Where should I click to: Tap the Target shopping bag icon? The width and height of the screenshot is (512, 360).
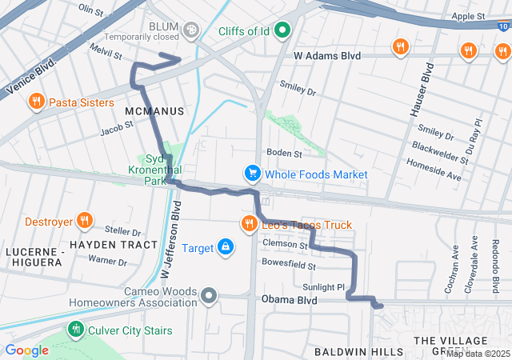click(226, 247)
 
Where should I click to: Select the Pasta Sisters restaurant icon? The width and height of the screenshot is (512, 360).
click(36, 102)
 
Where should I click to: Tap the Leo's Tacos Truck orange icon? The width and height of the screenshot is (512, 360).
click(250, 224)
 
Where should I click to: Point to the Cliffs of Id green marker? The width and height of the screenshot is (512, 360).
click(282, 31)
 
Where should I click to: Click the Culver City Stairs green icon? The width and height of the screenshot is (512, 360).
click(76, 328)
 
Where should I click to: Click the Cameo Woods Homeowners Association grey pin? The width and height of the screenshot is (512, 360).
click(210, 297)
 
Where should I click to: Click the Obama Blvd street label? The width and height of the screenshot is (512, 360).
click(290, 300)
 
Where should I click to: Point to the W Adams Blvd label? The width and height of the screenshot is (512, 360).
click(327, 56)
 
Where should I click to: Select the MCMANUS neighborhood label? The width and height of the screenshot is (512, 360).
click(154, 110)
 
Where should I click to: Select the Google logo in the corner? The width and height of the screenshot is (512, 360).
click(26, 350)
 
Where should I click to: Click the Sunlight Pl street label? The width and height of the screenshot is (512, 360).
click(323, 286)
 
